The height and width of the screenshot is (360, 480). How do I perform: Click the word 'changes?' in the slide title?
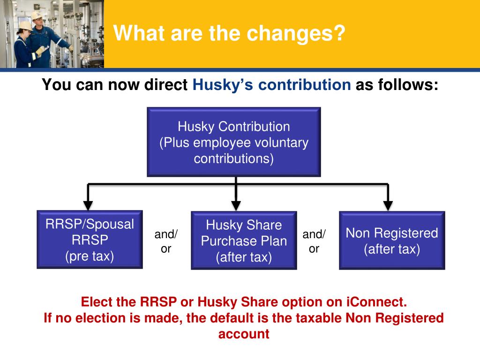point(303,34)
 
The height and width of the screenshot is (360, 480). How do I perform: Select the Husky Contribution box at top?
point(233,142)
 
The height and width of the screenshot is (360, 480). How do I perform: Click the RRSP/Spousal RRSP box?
point(90,240)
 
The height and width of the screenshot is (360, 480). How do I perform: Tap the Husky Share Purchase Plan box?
point(244,241)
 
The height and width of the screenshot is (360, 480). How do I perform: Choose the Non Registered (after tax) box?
point(392,240)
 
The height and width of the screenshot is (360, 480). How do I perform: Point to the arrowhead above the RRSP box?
point(88,205)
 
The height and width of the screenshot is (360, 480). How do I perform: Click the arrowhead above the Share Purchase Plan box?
point(236,205)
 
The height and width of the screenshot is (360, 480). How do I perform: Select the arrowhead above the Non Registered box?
point(388,205)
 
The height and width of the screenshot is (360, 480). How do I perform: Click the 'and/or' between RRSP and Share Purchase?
point(166,241)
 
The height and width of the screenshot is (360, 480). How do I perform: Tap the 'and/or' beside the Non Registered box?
point(314,241)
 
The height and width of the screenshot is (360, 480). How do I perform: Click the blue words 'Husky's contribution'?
point(271,85)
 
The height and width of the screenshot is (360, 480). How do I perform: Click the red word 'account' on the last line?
point(244,334)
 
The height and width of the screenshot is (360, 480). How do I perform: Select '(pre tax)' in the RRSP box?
point(90,256)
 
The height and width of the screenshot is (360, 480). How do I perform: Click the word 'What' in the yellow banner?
point(135,34)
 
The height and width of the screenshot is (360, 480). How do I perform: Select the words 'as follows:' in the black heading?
point(397,85)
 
